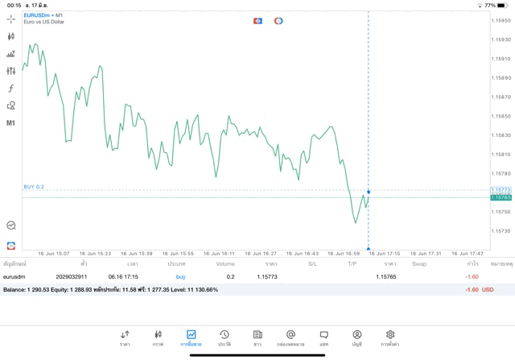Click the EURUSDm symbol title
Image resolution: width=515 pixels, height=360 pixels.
click(37, 15)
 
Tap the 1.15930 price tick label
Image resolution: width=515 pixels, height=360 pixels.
click(502, 39)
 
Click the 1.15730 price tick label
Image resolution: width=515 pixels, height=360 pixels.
click(502, 230)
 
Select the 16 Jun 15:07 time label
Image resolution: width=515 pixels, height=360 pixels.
click(54, 253)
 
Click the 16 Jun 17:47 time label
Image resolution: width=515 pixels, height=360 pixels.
click(468, 253)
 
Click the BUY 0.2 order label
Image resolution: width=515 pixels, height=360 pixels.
click(34, 187)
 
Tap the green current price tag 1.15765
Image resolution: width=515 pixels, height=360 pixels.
click(501, 197)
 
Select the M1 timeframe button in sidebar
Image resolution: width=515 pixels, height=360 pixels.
click(11, 123)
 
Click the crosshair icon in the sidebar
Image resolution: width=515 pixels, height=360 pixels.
click(11, 19)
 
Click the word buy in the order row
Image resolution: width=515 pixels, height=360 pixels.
click(180, 276)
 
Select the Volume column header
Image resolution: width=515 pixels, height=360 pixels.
click(225, 263)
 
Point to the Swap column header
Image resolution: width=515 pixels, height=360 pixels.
click(419, 263)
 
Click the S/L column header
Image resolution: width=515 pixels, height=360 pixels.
click(312, 263)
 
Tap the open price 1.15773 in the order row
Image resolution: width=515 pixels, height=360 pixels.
click(267, 276)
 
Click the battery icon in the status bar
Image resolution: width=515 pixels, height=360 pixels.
click(504, 5)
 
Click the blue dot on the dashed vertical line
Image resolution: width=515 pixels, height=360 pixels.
click(369, 192)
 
